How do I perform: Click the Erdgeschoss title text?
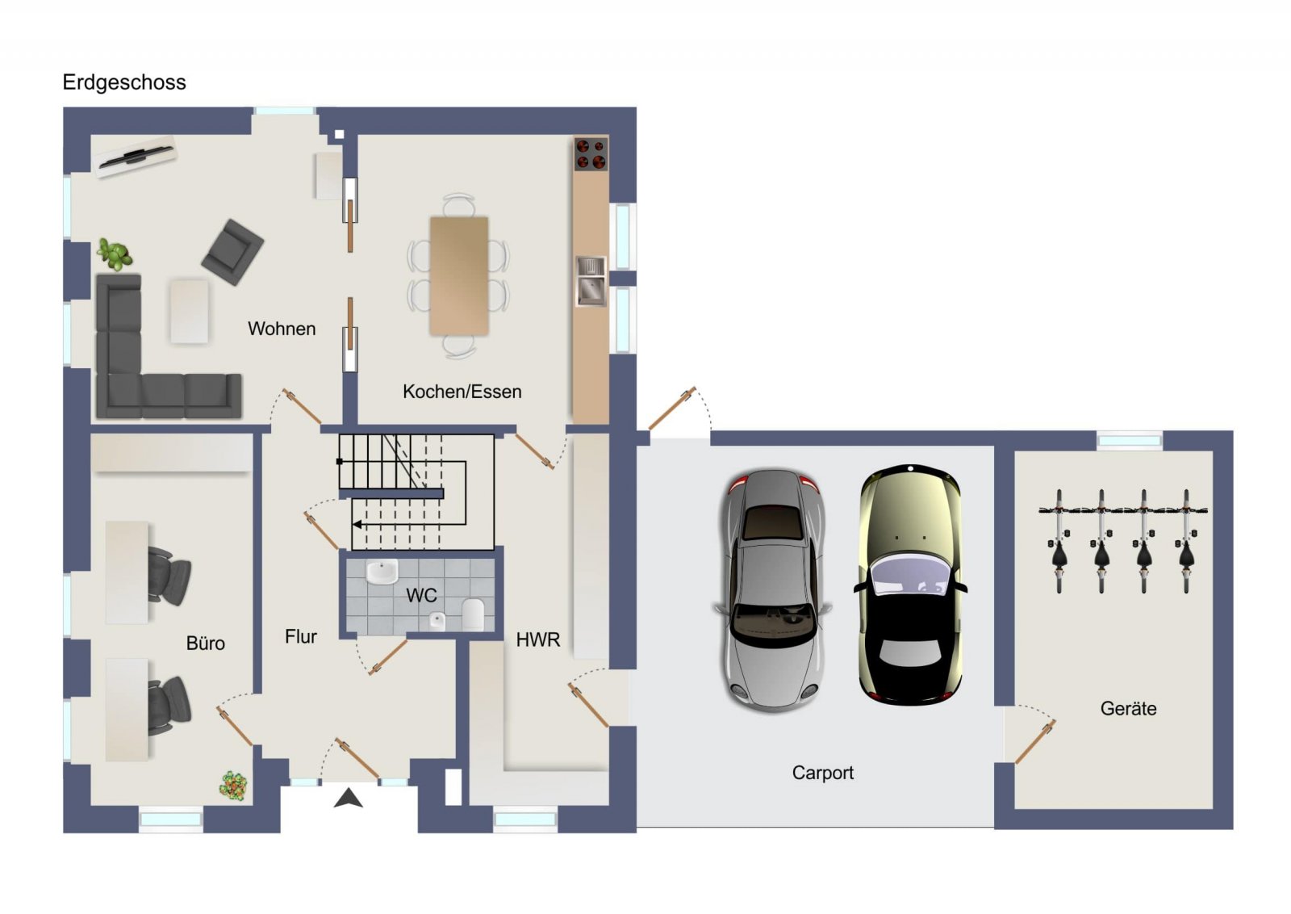124,83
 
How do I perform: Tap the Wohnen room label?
282,329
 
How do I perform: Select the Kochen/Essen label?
462,392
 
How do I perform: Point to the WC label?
421,595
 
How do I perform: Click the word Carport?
822,774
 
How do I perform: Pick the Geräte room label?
1128,708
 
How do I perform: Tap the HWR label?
537,639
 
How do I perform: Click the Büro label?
205,643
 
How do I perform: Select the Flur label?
301,636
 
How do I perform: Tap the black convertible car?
910,584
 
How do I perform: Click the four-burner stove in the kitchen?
591,154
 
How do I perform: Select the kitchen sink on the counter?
591,281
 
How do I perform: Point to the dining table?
459,275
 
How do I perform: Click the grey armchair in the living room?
233,251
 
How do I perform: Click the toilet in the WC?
473,613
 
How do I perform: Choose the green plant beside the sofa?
114,254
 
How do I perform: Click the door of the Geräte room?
1035,741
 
